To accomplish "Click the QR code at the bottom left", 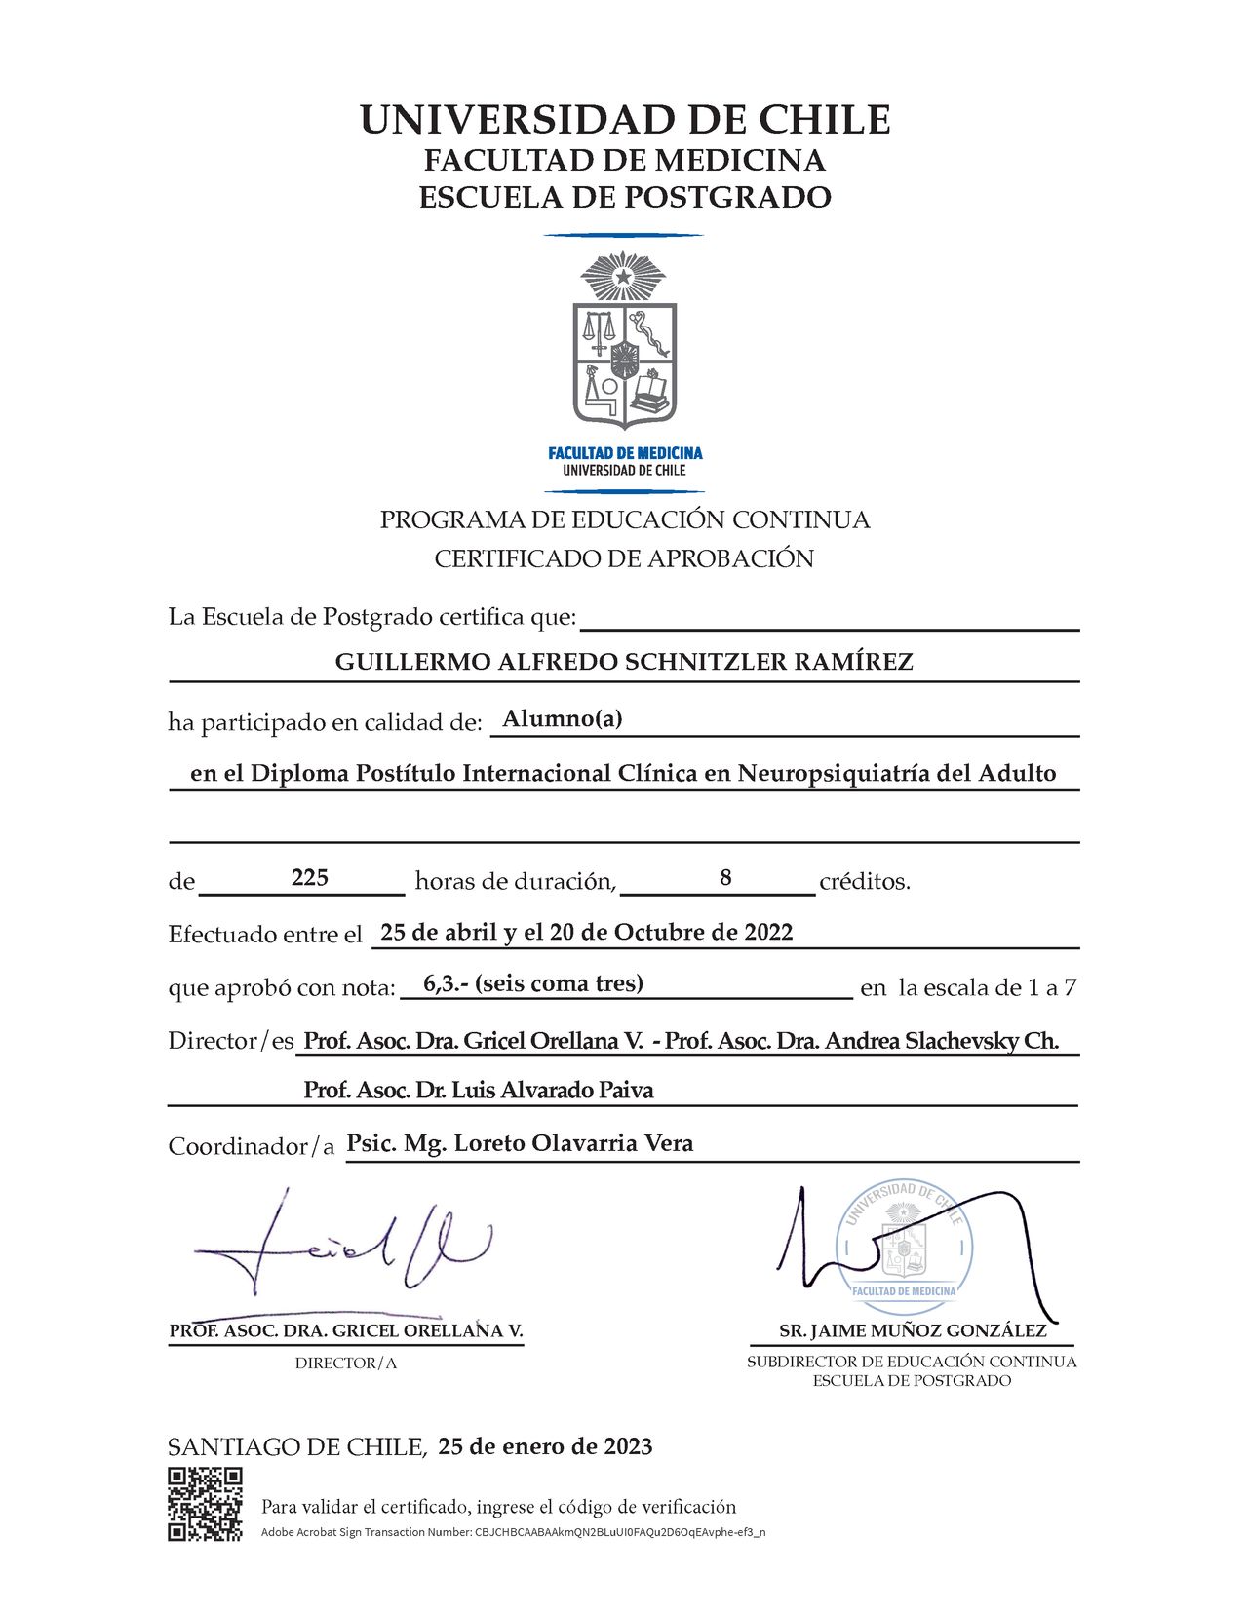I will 205,1504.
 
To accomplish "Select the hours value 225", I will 309,878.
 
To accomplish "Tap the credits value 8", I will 725,878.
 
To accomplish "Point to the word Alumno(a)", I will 563,719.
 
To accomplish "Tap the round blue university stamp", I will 904,1243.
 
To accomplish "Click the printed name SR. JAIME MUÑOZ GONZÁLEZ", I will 913,1331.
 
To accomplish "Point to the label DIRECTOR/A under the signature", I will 346,1364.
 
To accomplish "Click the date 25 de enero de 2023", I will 545,1446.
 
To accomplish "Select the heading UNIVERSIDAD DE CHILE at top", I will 624,120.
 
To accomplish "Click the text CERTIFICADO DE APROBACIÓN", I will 624,559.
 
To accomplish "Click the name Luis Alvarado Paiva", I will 553,1091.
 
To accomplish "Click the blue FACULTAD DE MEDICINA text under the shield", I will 625,453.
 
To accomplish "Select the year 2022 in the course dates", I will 768,933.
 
